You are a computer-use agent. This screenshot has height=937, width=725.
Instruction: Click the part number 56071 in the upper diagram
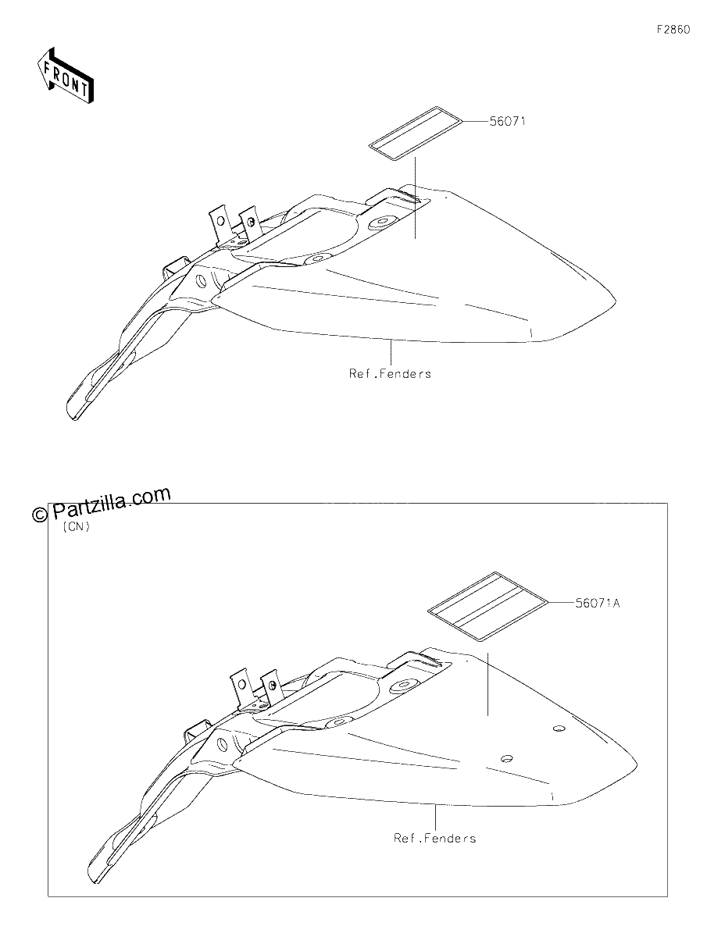point(507,122)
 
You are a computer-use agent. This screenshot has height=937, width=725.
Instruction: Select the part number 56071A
point(598,603)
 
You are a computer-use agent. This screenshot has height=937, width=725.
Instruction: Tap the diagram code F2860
point(673,30)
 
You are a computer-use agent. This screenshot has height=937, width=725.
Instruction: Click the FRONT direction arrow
point(66,75)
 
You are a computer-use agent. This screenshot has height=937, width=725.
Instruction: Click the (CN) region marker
point(76,527)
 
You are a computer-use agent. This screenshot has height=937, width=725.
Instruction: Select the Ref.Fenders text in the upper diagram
point(390,373)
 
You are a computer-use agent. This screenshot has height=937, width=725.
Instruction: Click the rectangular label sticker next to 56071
point(416,134)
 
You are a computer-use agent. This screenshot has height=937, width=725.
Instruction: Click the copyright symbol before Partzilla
point(40,514)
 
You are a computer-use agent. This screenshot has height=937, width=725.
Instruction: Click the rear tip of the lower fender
point(637,764)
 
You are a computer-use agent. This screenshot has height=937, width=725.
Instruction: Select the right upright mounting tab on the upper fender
point(250,224)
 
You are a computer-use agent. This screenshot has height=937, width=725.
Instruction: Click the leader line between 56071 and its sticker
point(476,122)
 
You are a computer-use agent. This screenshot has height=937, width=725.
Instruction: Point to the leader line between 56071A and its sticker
point(562,601)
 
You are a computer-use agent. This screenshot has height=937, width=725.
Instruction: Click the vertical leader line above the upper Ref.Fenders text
point(391,353)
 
